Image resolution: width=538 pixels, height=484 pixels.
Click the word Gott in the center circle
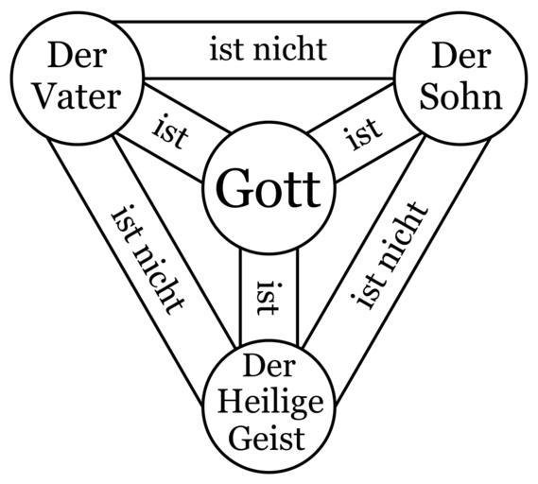pos(269,188)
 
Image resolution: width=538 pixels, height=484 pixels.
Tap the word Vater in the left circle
pos(78,96)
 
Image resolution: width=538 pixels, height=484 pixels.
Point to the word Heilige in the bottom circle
pos(270,404)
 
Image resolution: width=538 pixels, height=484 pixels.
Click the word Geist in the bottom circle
pos(267,439)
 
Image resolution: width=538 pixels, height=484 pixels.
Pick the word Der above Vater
pos(78,55)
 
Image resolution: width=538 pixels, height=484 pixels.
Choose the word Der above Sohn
pos(461,55)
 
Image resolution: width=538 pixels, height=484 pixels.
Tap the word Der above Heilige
pos(269,366)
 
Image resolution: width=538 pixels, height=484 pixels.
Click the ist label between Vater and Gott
pos(170,132)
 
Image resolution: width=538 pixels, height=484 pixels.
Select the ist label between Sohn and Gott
pos(364,133)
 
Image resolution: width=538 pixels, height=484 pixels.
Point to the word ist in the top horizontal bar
pos(224,50)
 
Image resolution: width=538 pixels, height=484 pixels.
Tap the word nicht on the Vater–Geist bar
pos(159,278)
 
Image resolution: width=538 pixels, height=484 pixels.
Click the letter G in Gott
pos(231,188)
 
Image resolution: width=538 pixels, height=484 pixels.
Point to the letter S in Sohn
pos(428,96)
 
